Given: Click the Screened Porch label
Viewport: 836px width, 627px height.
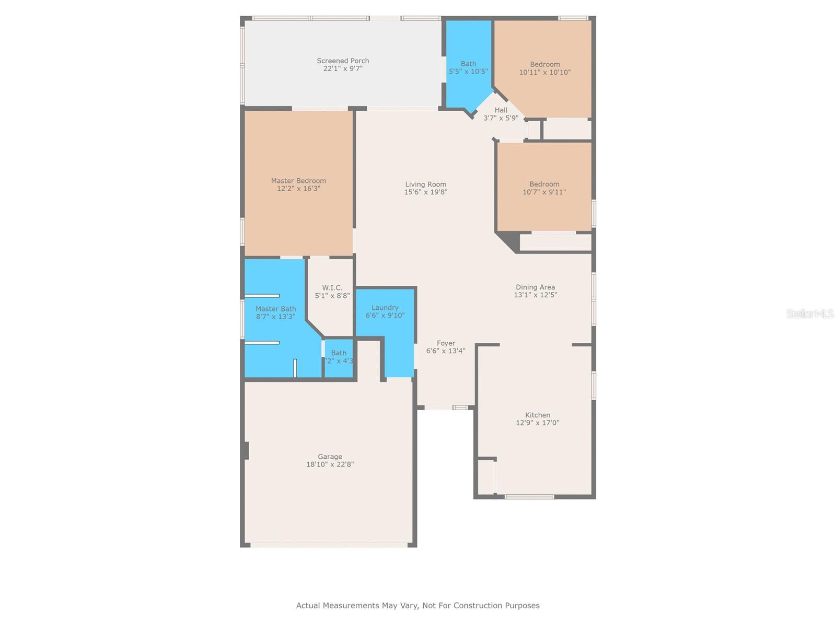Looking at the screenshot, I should pyautogui.click(x=343, y=61).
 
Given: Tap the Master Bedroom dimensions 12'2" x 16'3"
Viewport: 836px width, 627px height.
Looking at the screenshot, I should pyautogui.click(x=298, y=189).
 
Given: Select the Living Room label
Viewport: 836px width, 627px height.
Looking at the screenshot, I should pyautogui.click(x=425, y=184).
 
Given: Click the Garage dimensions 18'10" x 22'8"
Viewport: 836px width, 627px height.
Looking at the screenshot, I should pyautogui.click(x=330, y=465).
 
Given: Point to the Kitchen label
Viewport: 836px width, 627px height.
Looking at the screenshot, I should pyautogui.click(x=538, y=415).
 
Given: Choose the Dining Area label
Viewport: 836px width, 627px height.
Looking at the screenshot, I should pyautogui.click(x=535, y=287).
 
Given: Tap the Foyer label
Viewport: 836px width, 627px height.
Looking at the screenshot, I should pyautogui.click(x=446, y=343).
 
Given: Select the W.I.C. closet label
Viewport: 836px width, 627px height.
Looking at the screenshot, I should pyautogui.click(x=332, y=288).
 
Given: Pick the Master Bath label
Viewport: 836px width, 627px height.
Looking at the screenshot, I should pyautogui.click(x=275, y=309).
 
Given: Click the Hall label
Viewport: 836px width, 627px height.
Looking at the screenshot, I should pyautogui.click(x=501, y=110).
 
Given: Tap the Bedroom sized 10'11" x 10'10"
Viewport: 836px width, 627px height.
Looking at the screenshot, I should pyautogui.click(x=544, y=68).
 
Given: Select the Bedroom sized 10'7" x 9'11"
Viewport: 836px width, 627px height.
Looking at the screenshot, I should pyautogui.click(x=544, y=188).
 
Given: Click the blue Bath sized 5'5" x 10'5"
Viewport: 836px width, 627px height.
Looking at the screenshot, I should pyautogui.click(x=468, y=68).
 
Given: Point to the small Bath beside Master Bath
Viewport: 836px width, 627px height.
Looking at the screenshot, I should pyautogui.click(x=339, y=357).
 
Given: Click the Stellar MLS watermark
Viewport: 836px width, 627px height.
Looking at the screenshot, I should pyautogui.click(x=809, y=313).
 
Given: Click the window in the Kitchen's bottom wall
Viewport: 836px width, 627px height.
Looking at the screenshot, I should pyautogui.click(x=529, y=496).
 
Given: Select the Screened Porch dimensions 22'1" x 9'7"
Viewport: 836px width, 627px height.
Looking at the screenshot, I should pyautogui.click(x=343, y=68).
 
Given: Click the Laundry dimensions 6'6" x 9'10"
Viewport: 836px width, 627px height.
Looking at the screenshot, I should pyautogui.click(x=385, y=316).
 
